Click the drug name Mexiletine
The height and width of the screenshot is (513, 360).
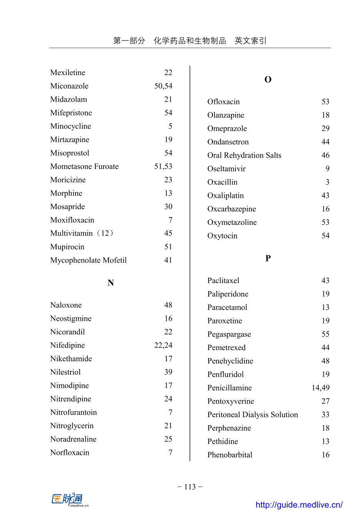click(68, 73)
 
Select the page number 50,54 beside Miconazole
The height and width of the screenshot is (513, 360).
click(163, 86)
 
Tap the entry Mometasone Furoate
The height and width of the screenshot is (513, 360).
click(84, 166)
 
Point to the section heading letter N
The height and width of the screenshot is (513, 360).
click(111, 283)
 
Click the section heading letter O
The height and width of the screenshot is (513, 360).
click(268, 80)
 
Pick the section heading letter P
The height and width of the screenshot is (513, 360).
click(268, 258)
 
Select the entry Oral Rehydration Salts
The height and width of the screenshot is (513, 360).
click(244, 155)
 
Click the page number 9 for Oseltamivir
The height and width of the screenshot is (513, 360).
click(327, 169)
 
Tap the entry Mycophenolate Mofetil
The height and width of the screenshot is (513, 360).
click(89, 260)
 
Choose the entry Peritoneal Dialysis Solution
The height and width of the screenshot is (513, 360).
click(253, 415)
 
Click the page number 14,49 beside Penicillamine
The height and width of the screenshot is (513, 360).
click(320, 388)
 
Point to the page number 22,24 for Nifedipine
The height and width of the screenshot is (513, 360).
click(163, 345)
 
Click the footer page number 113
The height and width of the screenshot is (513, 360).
click(190, 487)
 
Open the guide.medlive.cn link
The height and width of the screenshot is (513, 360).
click(299, 505)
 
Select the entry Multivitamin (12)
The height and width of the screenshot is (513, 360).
click(82, 233)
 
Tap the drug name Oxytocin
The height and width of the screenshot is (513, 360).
click(222, 236)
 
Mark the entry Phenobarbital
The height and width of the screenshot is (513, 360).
click(230, 455)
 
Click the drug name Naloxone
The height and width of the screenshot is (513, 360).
click(66, 305)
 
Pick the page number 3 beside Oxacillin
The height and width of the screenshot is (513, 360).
click(327, 182)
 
